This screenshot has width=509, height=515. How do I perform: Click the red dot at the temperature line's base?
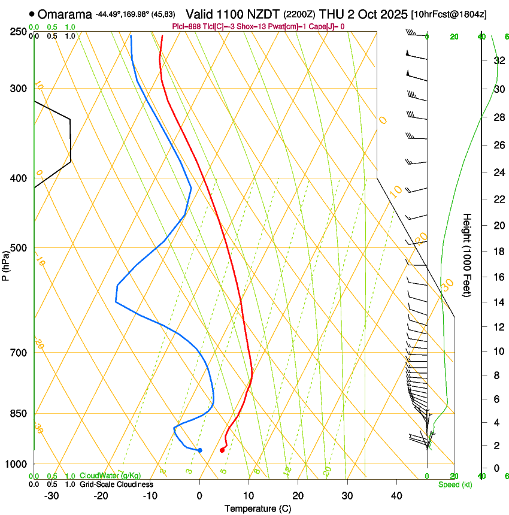[x=222, y=450]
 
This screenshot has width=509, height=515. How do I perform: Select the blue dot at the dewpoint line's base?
[x=199, y=450]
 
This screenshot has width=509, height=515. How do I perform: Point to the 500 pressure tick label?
[x=19, y=248]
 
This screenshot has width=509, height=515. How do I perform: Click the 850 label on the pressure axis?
[x=19, y=413]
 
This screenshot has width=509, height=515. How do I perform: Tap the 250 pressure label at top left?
[x=19, y=32]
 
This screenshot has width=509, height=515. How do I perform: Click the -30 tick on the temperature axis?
[x=51, y=496]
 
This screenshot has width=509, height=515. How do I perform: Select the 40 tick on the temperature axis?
[x=396, y=496]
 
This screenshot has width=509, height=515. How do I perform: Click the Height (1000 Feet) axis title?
[x=467, y=255]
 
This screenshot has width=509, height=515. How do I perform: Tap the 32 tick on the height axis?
[x=498, y=60]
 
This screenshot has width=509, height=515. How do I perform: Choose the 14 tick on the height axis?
[x=498, y=302]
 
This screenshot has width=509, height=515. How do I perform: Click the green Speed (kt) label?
[x=455, y=484]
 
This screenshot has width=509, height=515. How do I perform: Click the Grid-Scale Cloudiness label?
[x=116, y=484]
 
